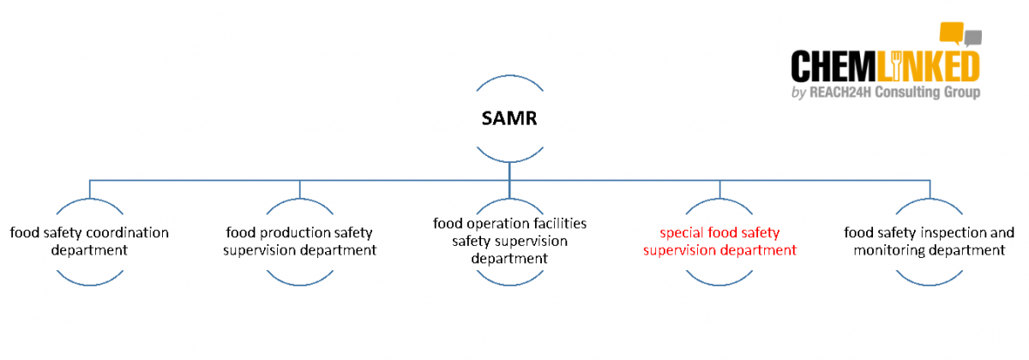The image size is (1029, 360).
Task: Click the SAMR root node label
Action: tap(509, 118)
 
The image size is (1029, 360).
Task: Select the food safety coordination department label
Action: tap(89, 242)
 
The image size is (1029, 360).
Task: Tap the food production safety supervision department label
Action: tap(299, 242)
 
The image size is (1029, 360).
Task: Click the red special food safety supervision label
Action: tap(719, 242)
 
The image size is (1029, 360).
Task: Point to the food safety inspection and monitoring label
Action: tap(929, 242)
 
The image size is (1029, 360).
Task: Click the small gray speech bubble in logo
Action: tap(972, 37)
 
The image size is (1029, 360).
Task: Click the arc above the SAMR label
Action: tap(509, 80)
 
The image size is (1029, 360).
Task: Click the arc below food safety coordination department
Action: tap(89, 280)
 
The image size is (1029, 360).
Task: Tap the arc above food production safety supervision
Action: tap(299, 203)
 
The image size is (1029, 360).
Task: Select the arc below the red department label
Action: tap(719, 280)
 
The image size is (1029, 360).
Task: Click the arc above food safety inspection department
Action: tap(929, 203)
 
